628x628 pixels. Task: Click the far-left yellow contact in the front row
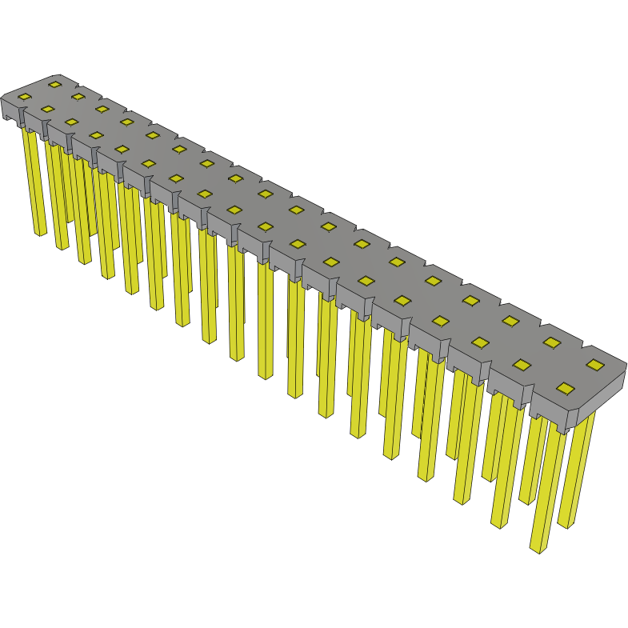click(24, 97)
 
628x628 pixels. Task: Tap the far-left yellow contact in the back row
click(54, 83)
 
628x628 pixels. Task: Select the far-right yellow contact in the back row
click(594, 365)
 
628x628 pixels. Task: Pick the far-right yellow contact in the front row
click(565, 389)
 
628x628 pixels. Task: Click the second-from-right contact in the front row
click(521, 365)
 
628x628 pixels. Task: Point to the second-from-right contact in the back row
click(551, 342)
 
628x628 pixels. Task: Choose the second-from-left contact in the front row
click(47, 109)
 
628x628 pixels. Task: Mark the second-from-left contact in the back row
click(78, 96)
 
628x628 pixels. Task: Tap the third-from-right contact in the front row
click(480, 342)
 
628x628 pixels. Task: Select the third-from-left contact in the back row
click(102, 109)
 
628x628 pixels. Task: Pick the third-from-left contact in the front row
click(71, 122)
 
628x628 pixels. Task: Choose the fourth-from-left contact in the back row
click(126, 122)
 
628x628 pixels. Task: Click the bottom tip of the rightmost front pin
click(538, 550)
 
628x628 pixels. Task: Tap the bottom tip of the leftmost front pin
click(40, 233)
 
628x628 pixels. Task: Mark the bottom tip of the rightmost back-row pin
click(566, 525)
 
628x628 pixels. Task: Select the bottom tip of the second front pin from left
click(62, 246)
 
